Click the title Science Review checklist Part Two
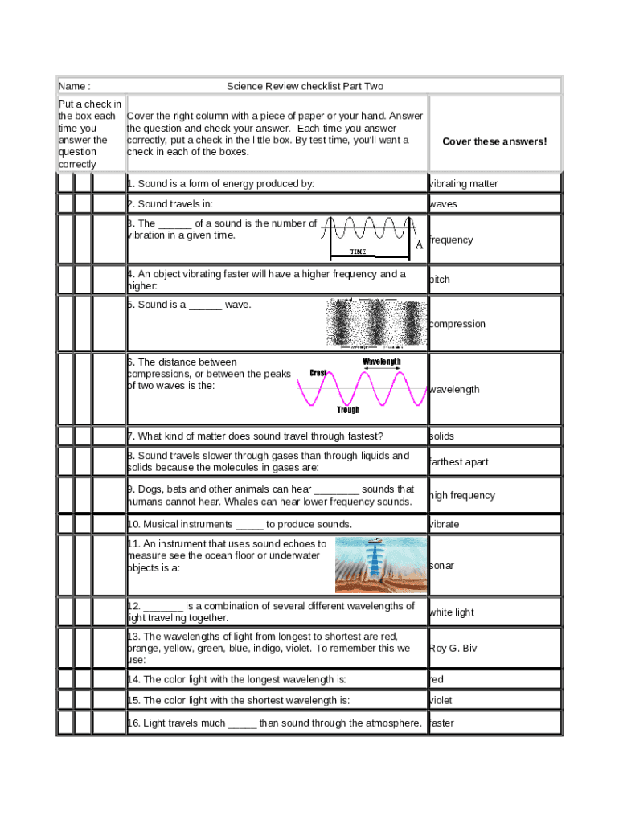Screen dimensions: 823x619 tap(305, 86)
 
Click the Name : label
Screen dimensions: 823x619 tap(74, 86)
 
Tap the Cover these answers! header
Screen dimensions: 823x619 tap(494, 141)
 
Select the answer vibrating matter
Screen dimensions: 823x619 tap(464, 184)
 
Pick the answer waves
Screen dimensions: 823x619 tap(443, 204)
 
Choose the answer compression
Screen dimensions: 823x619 tap(457, 324)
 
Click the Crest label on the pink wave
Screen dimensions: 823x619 tap(318, 373)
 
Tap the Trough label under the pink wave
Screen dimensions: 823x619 tap(348, 410)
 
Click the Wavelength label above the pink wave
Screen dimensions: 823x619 tap(382, 362)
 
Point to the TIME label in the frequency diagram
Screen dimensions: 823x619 tap(359, 252)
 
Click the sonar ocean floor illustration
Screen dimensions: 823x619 tap(380, 565)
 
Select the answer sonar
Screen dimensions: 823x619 tap(442, 566)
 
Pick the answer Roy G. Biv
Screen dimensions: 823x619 tap(453, 648)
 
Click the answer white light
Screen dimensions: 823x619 tap(452, 612)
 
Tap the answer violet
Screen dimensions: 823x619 tap(441, 700)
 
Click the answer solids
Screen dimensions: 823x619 tap(442, 436)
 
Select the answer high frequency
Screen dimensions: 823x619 tap(462, 495)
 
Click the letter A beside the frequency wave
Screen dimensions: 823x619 tap(419, 245)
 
